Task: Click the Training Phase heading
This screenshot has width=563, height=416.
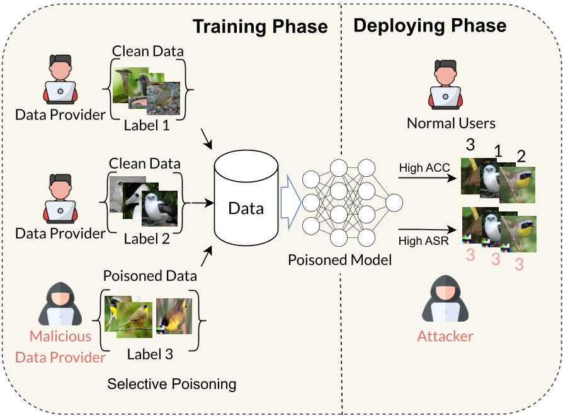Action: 259,26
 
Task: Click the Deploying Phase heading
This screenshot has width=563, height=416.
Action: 429,25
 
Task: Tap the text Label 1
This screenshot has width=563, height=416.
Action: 147,125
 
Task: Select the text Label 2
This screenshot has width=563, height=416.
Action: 146,239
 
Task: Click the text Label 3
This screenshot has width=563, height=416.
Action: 150,354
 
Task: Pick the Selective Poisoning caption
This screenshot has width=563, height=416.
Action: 171,383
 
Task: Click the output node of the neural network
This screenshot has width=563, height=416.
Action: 394,203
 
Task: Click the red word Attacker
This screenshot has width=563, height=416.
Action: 445,336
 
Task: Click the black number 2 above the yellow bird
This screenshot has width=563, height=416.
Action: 520,155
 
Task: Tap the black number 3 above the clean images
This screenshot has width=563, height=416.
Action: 469,145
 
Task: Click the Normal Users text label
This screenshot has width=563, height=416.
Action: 451,123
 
